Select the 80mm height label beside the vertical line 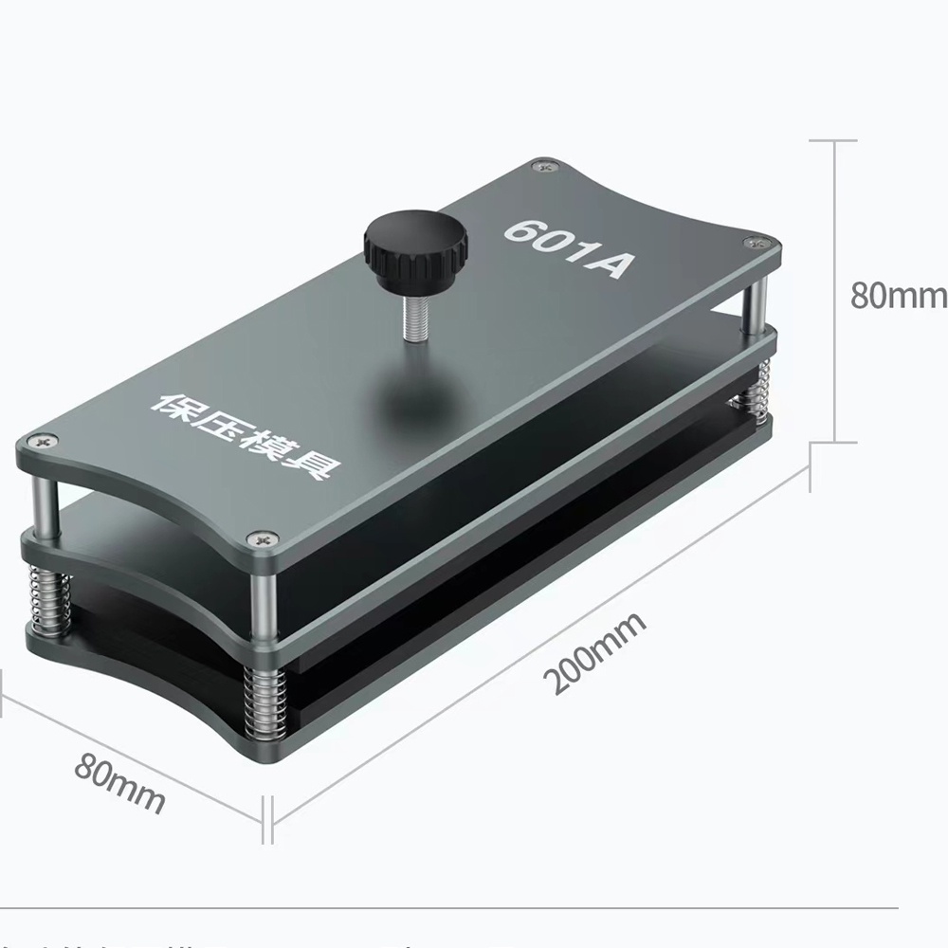pos(897,295)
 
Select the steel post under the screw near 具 pos(263,592)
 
